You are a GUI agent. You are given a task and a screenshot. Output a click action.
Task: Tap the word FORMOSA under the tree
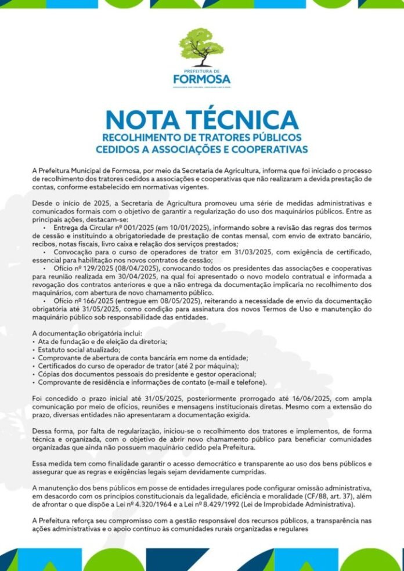tap(201, 78)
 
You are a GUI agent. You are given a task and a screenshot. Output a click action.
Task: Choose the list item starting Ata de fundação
tap(102, 342)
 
